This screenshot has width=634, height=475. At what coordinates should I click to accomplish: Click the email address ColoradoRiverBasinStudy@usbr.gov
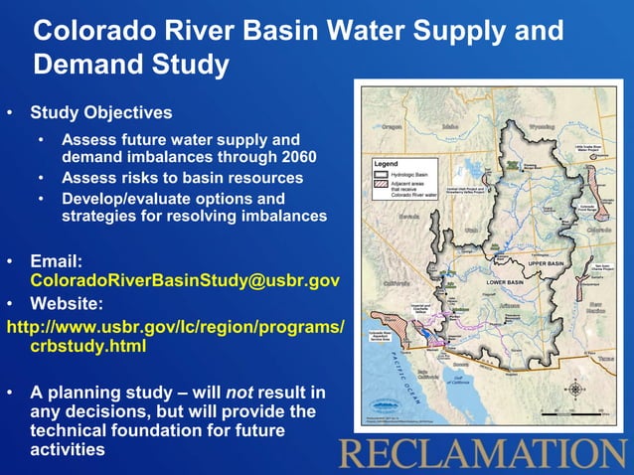point(185,281)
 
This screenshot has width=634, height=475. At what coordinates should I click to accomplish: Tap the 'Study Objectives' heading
point(100,112)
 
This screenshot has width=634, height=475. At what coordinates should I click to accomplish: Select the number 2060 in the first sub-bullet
point(295,157)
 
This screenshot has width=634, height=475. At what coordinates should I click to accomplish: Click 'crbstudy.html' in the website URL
point(87,347)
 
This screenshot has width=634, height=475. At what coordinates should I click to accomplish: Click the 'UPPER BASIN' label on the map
point(544,264)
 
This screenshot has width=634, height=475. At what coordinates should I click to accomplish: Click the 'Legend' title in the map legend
point(385,162)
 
